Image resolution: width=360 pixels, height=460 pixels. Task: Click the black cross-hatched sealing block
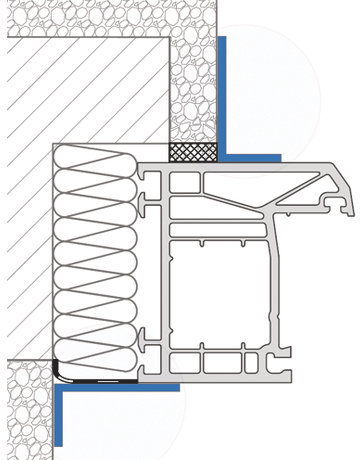pyautogui.click(x=191, y=152)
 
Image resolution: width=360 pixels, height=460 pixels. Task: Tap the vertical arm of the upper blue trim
pyautogui.click(x=222, y=95)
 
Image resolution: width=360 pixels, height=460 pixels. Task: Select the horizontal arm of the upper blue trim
pyautogui.click(x=250, y=157)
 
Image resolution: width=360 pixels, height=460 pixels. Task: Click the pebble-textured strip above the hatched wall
pyautogui.click(x=100, y=18)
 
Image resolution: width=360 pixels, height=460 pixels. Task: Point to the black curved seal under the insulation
pyautogui.click(x=63, y=373)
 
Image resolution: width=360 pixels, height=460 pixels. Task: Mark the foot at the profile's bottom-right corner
pyautogui.click(x=283, y=376)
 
